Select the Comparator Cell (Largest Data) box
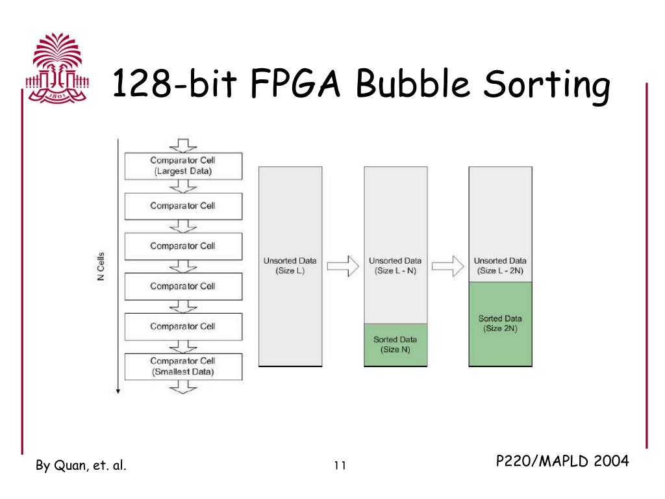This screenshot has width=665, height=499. (x=182, y=166)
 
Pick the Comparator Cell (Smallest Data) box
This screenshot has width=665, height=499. (x=182, y=366)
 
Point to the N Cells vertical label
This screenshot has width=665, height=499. (x=100, y=266)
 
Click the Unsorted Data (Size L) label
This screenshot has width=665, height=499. (x=289, y=266)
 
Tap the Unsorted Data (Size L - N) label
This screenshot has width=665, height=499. (x=395, y=266)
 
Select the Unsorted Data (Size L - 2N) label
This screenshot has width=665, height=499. (x=500, y=266)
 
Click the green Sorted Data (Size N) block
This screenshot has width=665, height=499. (x=395, y=344)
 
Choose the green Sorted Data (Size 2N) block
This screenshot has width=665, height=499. (x=500, y=323)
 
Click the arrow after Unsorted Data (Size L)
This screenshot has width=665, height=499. (x=342, y=266)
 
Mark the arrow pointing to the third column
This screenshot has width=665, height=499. (x=447, y=266)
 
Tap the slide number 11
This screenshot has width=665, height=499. (x=340, y=465)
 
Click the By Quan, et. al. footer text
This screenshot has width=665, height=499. (x=81, y=465)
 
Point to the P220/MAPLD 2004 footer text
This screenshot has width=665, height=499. (x=562, y=461)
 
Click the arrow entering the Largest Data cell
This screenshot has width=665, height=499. (x=182, y=145)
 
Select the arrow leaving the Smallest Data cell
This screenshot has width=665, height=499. (x=182, y=387)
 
